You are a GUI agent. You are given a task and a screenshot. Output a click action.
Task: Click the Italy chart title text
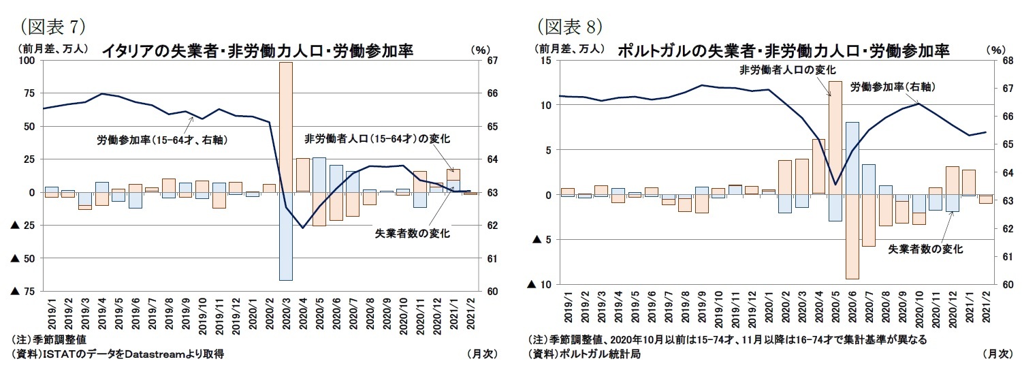coord(257,51)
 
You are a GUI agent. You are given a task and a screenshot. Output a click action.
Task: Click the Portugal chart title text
coord(783,51)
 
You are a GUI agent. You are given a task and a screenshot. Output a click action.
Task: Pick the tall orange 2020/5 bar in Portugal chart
coord(835,136)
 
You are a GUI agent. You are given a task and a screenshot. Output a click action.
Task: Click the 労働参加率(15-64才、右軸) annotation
coord(161,140)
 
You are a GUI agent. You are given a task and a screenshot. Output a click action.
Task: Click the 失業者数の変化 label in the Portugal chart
coord(926,249)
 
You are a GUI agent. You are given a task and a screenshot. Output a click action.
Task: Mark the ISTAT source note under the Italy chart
coord(118,354)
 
